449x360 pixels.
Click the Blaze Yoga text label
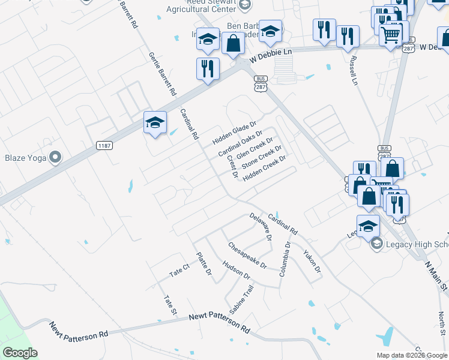26,158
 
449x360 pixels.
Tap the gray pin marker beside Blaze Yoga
56,158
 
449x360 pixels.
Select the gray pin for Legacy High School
376,243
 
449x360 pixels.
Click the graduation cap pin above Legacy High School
368,227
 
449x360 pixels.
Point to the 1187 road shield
104,145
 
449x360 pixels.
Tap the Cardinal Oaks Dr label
241,144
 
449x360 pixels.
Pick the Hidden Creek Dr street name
264,167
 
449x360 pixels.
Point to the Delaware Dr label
261,227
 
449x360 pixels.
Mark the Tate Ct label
179,270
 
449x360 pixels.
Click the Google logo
20,353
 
